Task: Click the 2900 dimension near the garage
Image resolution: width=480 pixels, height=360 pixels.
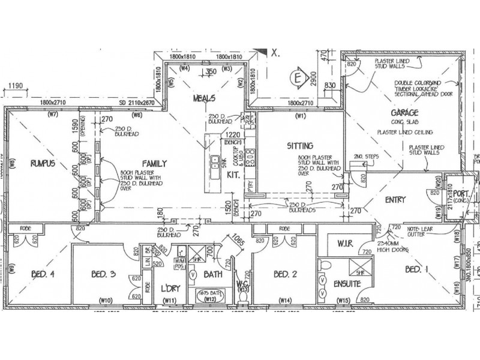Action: (x=313, y=79)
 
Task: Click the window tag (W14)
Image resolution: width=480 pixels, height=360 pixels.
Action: (x=284, y=299)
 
